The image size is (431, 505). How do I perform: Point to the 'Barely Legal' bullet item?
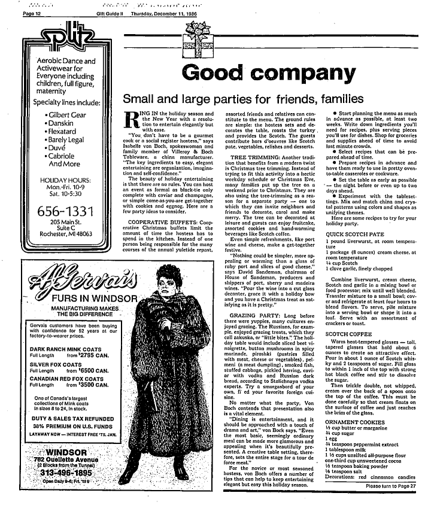[65, 142]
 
